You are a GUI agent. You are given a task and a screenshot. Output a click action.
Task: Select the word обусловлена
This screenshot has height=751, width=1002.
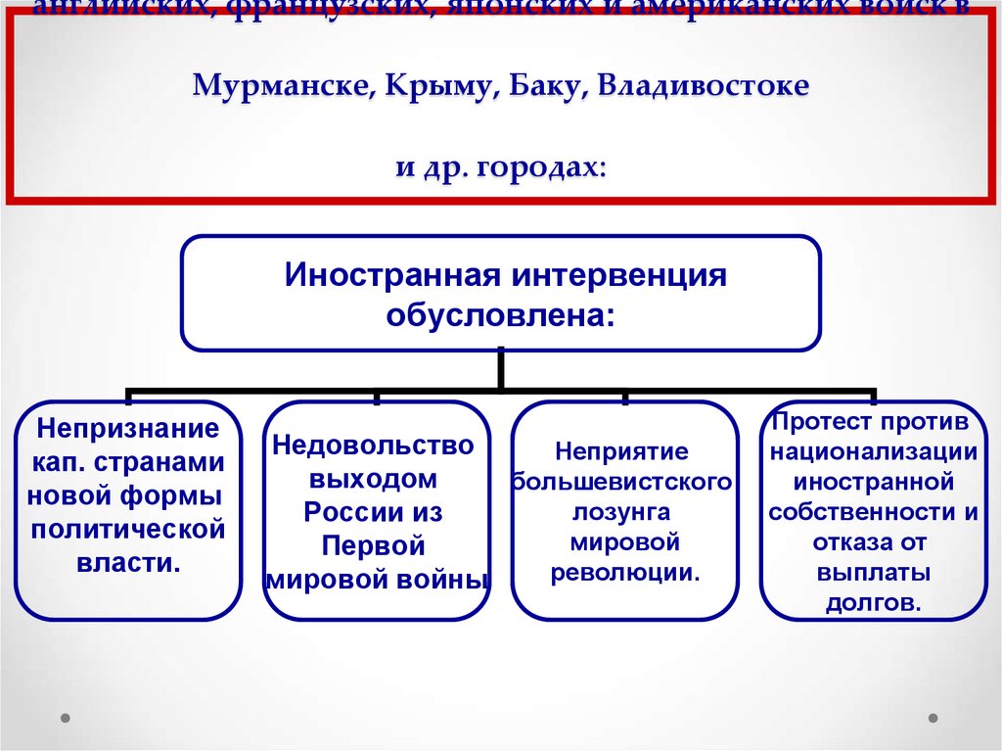pos(500,314)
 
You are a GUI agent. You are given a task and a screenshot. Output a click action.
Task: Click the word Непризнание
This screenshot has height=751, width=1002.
pos(126,428)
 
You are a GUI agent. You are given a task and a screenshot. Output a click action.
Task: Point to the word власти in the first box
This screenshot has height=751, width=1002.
pos(126,563)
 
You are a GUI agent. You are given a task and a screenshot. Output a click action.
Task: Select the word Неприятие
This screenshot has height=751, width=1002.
pos(622,451)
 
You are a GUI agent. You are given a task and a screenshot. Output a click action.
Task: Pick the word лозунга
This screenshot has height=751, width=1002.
pos(623,511)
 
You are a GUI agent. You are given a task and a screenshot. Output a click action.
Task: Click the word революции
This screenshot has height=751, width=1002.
pos(623,571)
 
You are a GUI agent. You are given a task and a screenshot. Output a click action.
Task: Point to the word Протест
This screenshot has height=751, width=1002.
pos(817,422)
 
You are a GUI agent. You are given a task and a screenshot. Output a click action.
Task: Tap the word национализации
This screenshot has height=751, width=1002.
pos(872,451)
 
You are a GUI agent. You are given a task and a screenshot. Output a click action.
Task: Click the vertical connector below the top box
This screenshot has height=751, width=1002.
pos(500,369)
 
